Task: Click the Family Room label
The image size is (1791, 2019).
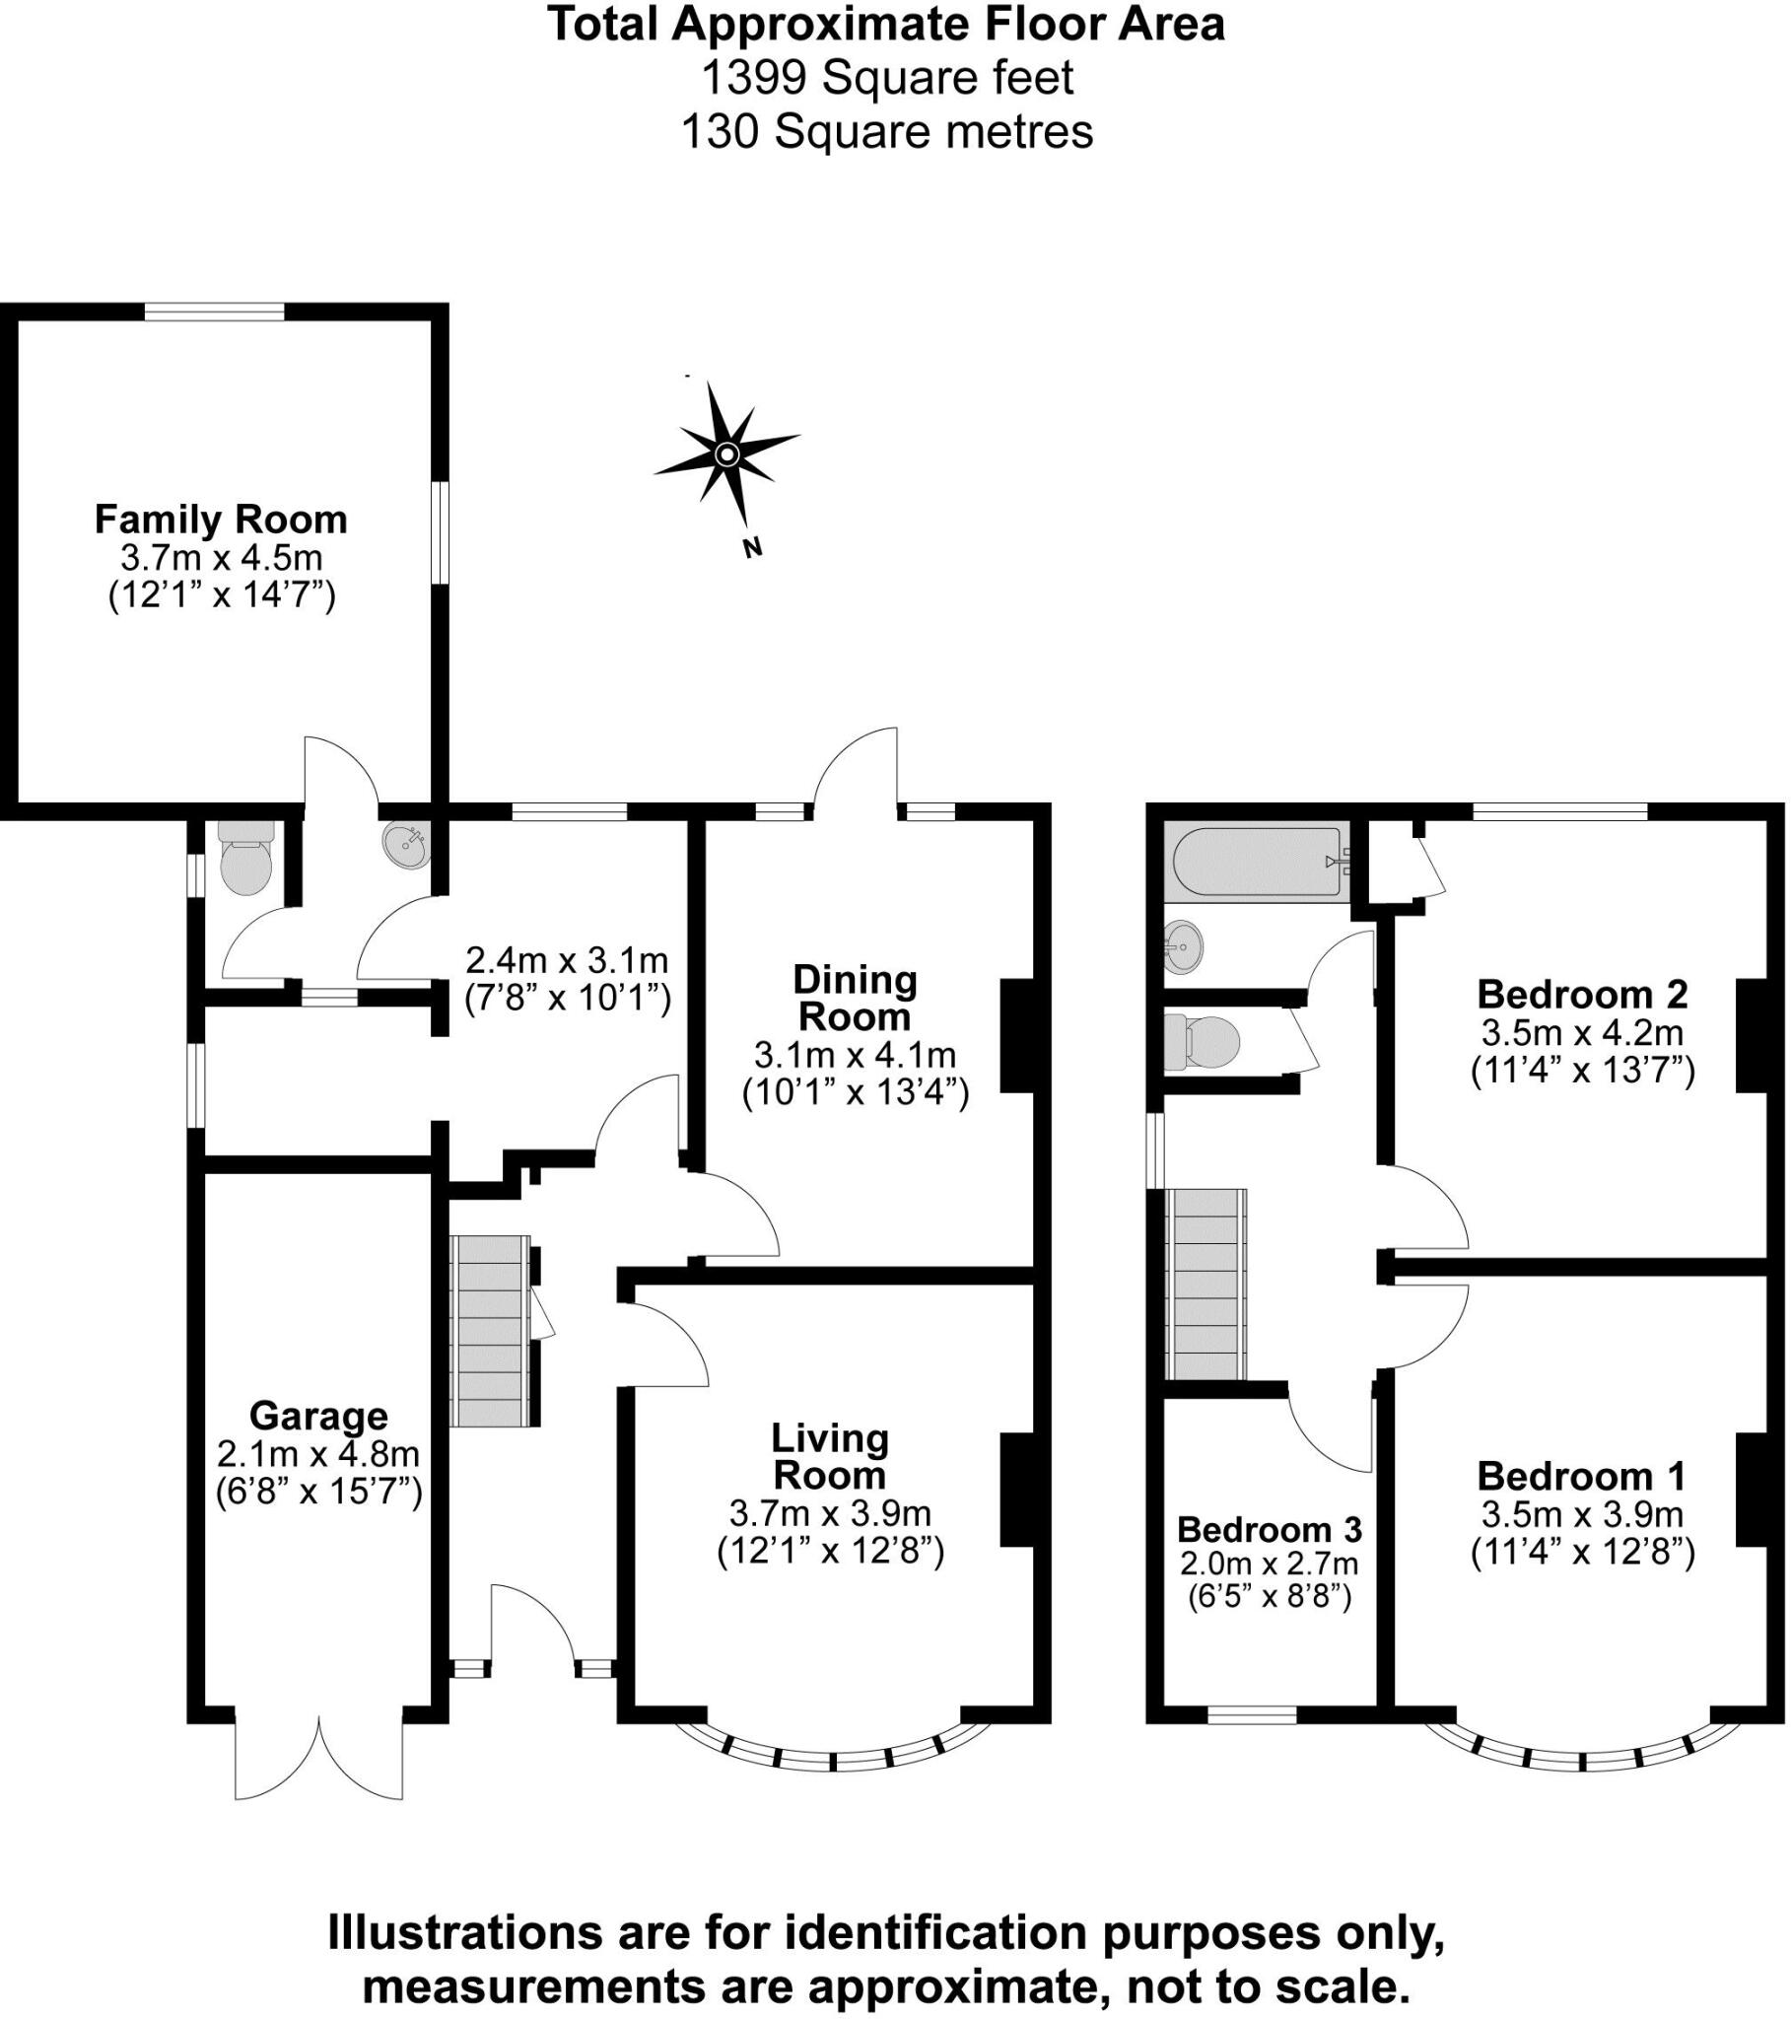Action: (x=220, y=520)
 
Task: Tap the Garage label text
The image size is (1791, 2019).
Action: (x=318, y=1416)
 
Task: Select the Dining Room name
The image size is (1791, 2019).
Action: (x=855, y=998)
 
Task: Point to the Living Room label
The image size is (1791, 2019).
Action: (x=830, y=1456)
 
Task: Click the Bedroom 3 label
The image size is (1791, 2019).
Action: (x=1270, y=1529)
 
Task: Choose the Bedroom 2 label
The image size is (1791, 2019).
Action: (x=1582, y=994)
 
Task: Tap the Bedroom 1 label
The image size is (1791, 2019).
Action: (x=1582, y=1476)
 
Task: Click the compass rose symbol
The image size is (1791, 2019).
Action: (x=727, y=454)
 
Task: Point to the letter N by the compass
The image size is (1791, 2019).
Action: (x=753, y=547)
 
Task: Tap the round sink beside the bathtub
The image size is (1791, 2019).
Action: (x=1183, y=946)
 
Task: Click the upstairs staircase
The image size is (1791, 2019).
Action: (x=1206, y=1284)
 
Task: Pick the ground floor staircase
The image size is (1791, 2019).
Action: (x=489, y=1330)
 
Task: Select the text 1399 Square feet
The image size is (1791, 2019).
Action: (x=886, y=77)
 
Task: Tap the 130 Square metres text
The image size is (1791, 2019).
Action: (x=886, y=130)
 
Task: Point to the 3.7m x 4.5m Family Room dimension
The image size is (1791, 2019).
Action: (x=221, y=557)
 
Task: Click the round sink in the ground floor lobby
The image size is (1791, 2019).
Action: (x=406, y=846)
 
